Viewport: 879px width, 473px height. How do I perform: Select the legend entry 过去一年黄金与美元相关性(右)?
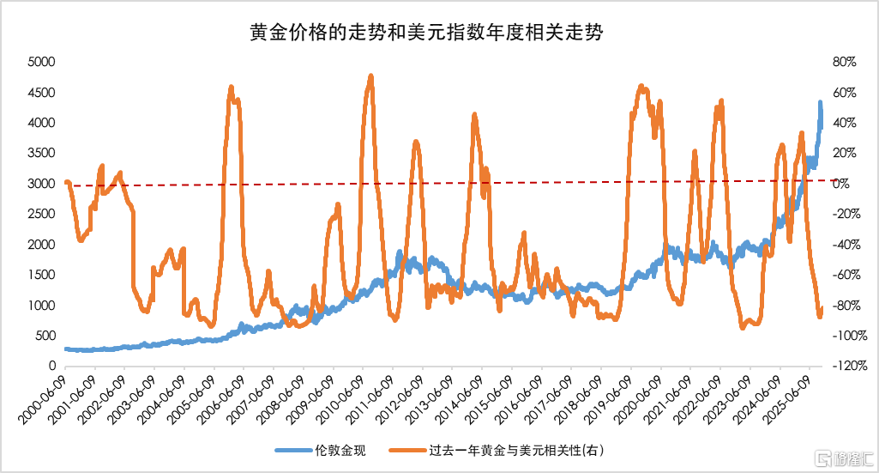click(515, 450)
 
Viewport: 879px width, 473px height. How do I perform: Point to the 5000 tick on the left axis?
click(41, 63)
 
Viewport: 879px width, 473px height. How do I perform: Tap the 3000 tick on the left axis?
click(41, 184)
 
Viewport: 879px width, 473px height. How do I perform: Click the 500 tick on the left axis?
click(45, 336)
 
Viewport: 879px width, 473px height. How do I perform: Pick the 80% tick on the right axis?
click(846, 63)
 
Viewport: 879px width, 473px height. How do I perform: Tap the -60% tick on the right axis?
click(844, 275)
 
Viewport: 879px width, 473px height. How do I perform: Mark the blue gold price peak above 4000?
click(820, 103)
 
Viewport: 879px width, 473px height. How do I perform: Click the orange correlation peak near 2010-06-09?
click(370, 76)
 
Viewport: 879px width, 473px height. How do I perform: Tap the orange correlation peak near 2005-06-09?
click(231, 88)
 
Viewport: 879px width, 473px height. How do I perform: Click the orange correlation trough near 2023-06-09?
click(743, 327)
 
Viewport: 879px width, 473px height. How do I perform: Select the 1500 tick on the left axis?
click(41, 275)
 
